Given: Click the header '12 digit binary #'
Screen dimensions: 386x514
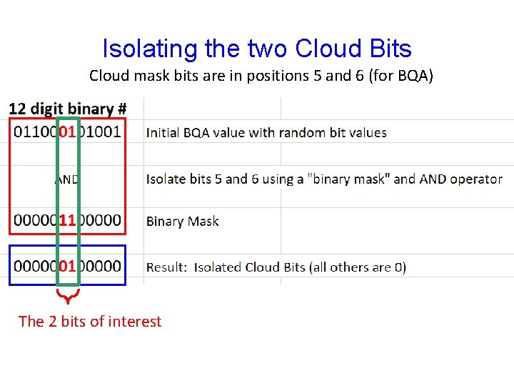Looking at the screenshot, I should point(68,109).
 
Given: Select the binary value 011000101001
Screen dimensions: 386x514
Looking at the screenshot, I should point(67,132).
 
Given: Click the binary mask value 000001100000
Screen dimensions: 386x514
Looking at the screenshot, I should point(67,221).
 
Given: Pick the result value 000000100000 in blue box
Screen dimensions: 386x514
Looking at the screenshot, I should point(67,266).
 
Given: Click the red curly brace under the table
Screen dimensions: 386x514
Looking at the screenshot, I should point(68,295).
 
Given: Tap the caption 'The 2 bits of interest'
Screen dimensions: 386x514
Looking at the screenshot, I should point(90,322).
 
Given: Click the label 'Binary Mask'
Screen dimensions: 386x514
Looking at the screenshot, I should point(183,222).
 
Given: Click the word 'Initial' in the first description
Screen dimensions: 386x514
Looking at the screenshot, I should point(163,133).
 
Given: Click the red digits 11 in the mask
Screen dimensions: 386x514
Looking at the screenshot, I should point(68,221).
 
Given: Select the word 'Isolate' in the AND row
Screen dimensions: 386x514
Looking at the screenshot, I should point(168,179).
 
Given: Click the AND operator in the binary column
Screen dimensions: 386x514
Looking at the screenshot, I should point(66,179).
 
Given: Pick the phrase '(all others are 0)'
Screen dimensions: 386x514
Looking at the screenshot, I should point(359,267).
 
